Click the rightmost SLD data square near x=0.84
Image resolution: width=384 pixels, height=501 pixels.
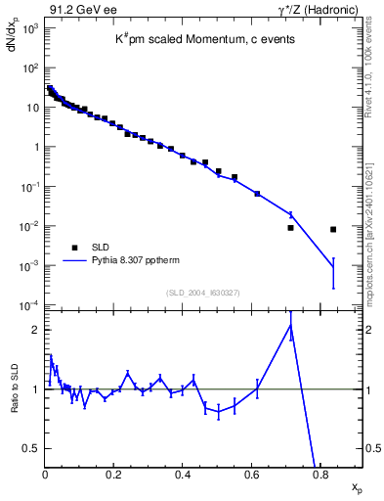333,229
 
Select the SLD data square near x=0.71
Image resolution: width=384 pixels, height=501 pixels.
290,228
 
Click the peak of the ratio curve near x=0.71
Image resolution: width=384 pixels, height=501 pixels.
291,326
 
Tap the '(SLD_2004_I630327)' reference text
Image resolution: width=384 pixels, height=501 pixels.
202,292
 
